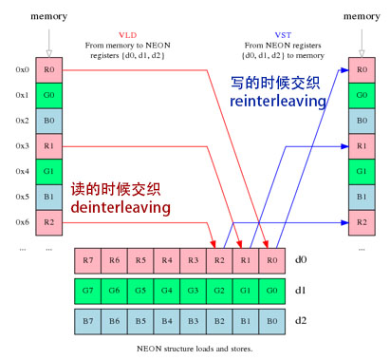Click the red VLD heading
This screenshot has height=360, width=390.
[127, 35]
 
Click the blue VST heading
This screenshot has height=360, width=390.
[283, 35]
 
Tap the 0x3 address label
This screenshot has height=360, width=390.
[22, 145]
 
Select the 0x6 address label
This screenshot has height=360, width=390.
[22, 222]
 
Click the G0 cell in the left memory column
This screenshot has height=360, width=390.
[49, 95]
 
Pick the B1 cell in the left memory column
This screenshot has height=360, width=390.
[49, 198]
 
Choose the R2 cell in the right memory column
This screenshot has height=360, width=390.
[362, 222]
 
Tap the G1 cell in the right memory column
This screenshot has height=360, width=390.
[362, 172]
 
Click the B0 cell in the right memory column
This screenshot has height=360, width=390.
[362, 121]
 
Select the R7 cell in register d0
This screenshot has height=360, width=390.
[88, 260]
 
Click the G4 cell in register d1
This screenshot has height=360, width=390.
[167, 291]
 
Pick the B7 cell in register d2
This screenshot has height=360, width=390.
[88, 321]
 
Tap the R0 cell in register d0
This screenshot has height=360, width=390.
[272, 260]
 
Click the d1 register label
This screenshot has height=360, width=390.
[301, 291]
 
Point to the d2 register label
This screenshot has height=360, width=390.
[301, 320]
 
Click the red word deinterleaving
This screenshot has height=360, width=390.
[121, 207]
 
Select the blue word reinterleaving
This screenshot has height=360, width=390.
[278, 102]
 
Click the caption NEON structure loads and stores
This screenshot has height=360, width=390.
[195, 349]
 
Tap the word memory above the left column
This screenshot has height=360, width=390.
[49, 16]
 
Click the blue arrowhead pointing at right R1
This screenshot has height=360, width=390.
[344, 146]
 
